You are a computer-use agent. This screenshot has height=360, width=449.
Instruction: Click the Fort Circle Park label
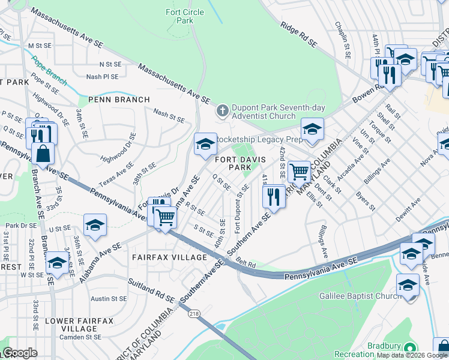click(x=185, y=16)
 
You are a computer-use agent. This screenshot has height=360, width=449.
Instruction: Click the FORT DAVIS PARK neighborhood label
click(x=238, y=163)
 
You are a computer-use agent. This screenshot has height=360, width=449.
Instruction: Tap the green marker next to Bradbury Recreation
click(x=411, y=348)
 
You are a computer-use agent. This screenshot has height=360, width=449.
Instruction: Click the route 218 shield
click(x=194, y=314)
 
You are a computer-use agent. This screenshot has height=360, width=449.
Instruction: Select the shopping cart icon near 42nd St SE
click(x=298, y=172)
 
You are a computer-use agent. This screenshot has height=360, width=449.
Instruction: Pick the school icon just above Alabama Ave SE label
click(x=95, y=224)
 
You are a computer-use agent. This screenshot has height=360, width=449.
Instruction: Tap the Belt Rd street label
click(x=246, y=263)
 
